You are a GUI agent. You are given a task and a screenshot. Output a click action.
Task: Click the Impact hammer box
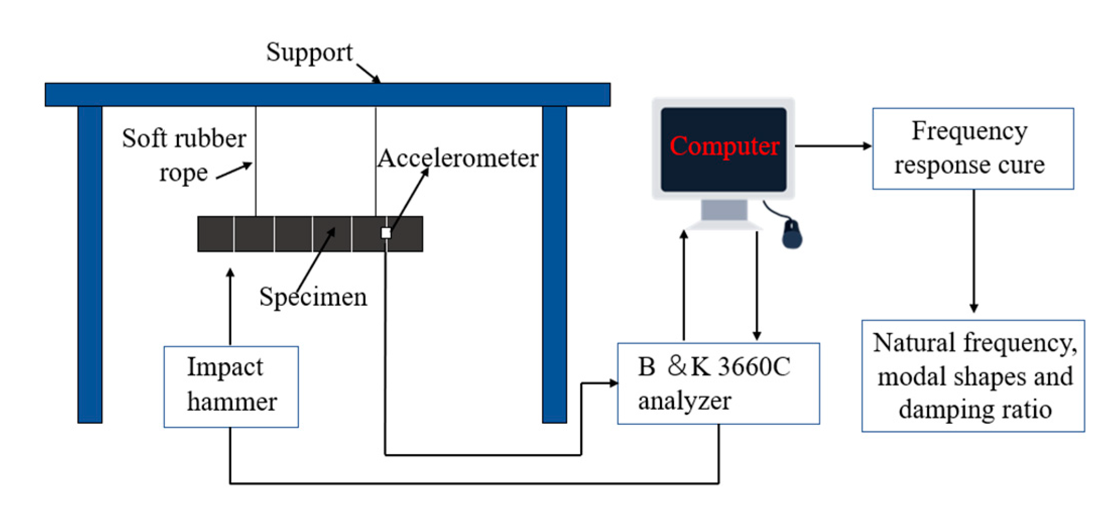(231, 387)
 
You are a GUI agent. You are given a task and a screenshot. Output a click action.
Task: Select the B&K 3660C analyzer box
(718, 383)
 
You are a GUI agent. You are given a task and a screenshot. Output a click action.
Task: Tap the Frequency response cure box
(973, 149)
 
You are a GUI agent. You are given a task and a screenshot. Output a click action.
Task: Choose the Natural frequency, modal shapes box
(973, 376)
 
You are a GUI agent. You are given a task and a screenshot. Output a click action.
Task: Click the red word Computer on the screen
(724, 146)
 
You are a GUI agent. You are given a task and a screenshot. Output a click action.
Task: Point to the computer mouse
(792, 234)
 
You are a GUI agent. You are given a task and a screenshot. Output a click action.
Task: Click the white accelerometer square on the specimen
(386, 233)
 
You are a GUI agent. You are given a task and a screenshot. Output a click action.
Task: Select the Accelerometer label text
(458, 159)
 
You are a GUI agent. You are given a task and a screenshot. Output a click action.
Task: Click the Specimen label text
(313, 297)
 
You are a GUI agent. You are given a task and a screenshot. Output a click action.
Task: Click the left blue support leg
(90, 265)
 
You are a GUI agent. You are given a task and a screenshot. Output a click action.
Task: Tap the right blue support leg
(554, 265)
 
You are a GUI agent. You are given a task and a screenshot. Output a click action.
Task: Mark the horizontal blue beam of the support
(328, 95)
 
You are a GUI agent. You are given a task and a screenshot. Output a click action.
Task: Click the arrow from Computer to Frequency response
(834, 146)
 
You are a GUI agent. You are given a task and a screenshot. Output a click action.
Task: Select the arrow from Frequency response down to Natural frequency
(974, 251)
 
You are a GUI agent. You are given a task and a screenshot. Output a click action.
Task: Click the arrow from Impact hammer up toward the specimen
(230, 307)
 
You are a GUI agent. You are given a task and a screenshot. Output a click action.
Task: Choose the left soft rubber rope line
(256, 161)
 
